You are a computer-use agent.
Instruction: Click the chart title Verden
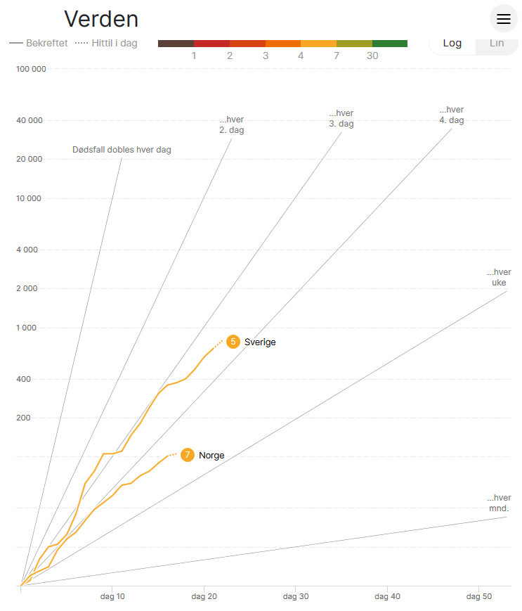(x=101, y=19)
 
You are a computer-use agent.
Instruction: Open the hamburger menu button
(x=504, y=19)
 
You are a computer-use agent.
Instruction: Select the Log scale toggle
(x=452, y=43)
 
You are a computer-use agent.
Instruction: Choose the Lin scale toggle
(x=496, y=43)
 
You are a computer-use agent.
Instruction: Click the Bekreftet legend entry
(x=39, y=43)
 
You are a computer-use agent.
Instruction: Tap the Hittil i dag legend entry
(x=107, y=43)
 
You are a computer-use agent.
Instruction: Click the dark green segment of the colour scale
(x=390, y=44)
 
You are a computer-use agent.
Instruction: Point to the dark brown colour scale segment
(x=176, y=44)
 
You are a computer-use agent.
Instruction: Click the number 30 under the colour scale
(x=372, y=56)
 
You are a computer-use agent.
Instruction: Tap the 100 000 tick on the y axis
(x=31, y=69)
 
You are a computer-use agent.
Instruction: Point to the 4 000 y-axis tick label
(x=31, y=250)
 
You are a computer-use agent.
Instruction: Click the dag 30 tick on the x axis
(x=296, y=596)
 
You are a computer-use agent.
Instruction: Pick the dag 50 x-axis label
(x=478, y=596)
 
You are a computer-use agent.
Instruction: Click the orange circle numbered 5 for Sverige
(x=233, y=342)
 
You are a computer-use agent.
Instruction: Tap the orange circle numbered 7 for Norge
(x=188, y=455)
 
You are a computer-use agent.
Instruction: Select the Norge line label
(x=211, y=456)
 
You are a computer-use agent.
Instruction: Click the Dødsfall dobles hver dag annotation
(x=122, y=150)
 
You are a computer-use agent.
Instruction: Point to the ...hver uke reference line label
(x=499, y=278)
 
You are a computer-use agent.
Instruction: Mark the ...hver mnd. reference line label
(x=499, y=503)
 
